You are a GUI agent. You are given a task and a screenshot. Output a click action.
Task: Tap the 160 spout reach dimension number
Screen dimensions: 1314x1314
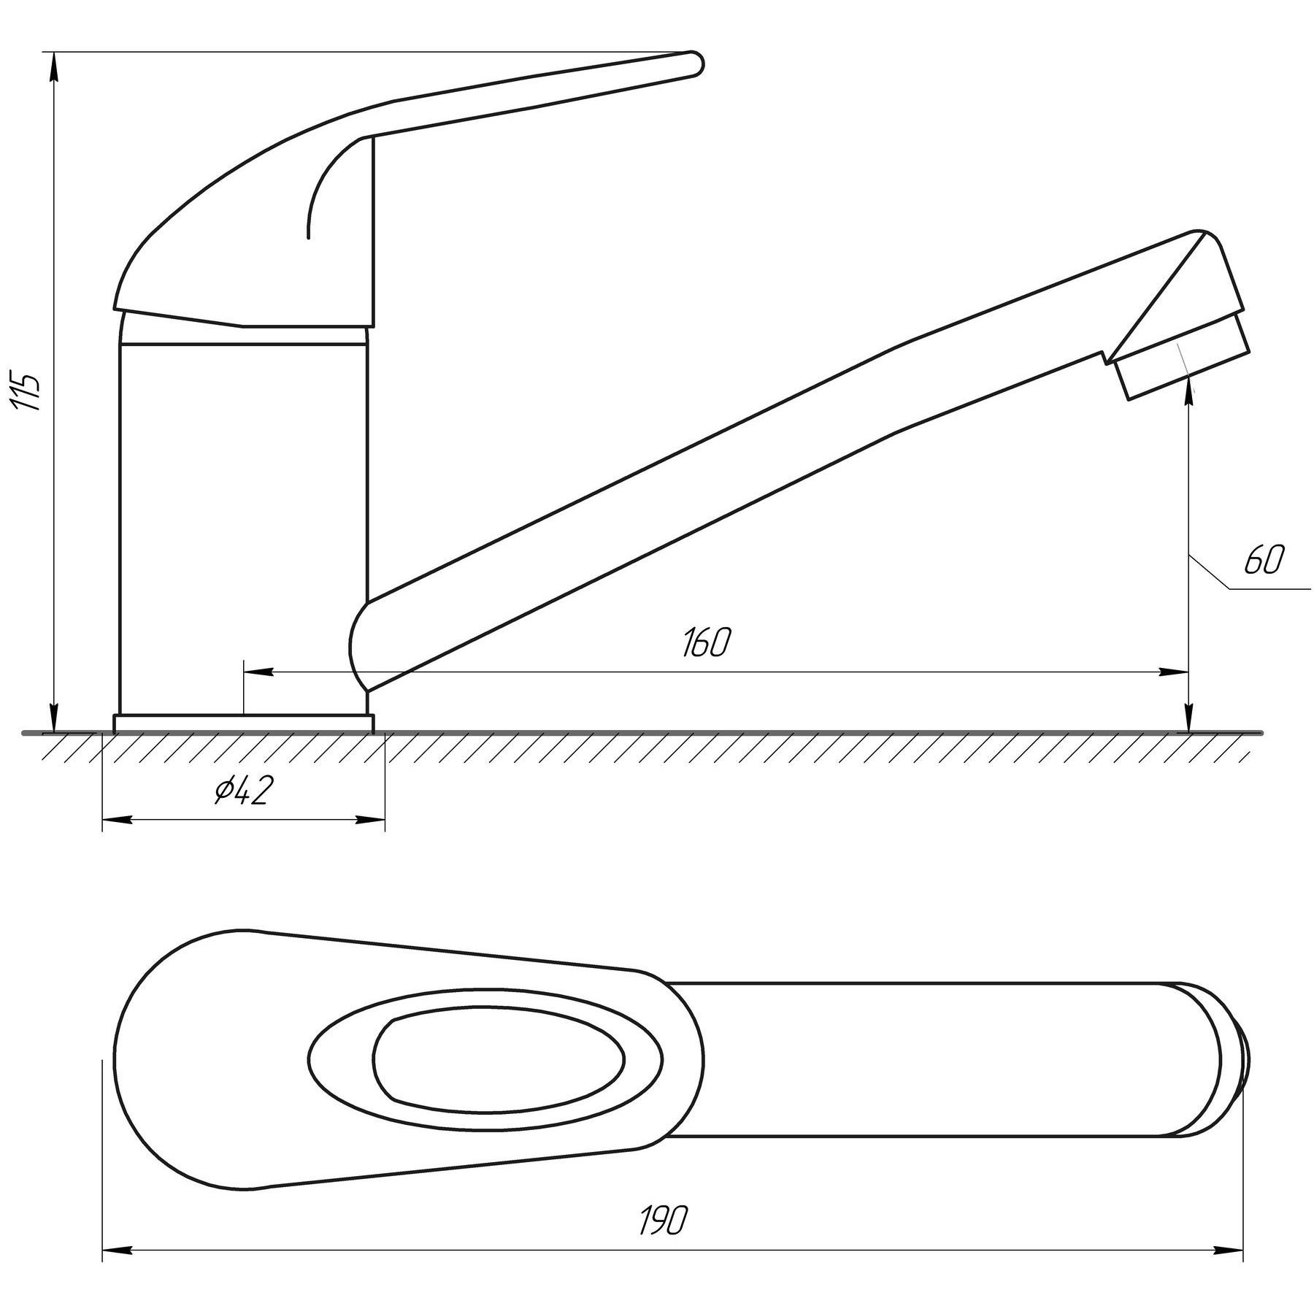[706, 642]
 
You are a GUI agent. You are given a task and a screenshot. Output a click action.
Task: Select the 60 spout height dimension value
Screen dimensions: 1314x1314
[1263, 560]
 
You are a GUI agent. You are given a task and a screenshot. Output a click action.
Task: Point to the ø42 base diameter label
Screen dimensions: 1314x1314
[243, 790]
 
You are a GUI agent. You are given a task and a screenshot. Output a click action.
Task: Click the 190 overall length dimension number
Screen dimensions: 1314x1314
[664, 1219]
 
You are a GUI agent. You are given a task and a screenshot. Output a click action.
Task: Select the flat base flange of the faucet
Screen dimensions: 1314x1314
[244, 723]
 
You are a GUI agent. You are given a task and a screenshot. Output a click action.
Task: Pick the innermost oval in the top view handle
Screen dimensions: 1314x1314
[499, 1058]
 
